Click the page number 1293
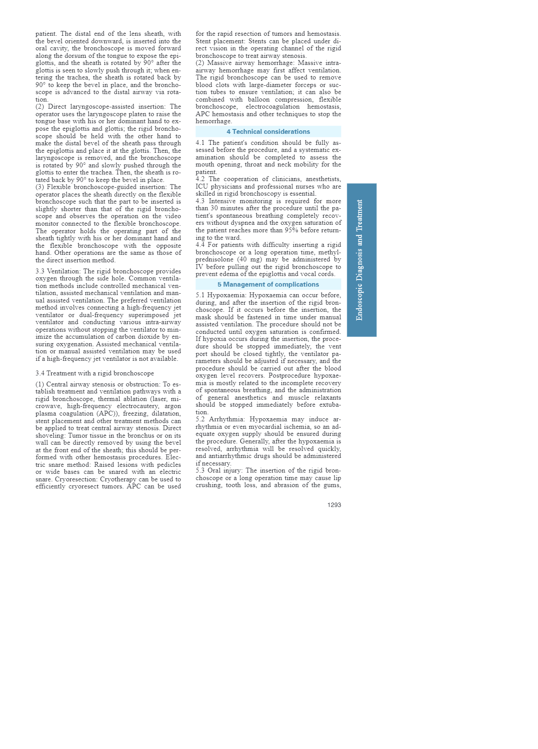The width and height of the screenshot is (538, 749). coord(334,505)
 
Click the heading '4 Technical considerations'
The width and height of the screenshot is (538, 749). coord(268,132)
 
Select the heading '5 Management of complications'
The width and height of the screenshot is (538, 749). coord(268,284)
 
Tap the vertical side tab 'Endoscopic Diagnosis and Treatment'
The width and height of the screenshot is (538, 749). coord(361,260)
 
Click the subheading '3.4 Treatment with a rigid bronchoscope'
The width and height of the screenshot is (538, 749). coord(95,373)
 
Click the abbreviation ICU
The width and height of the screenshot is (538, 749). coord(201,186)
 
